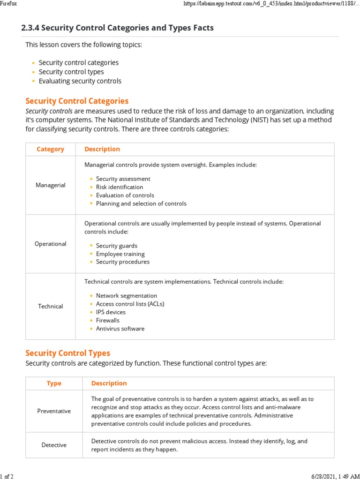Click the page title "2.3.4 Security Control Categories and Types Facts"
(117, 28)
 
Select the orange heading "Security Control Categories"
(77, 101)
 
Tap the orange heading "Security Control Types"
(67, 353)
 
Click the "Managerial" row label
(51, 185)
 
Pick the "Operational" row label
(51, 244)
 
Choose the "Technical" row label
(51, 306)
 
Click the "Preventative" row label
(54, 411)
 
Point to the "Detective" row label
(54, 445)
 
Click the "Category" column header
(50, 149)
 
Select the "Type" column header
(54, 383)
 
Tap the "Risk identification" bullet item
(120, 187)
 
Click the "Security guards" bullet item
(117, 246)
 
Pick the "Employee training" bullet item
(120, 254)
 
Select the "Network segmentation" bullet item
(127, 296)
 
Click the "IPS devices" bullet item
(111, 312)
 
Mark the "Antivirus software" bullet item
(120, 329)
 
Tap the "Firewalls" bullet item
(108, 321)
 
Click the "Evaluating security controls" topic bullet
(80, 81)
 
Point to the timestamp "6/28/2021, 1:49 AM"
(334, 476)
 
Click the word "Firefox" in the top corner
(8, 3)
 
